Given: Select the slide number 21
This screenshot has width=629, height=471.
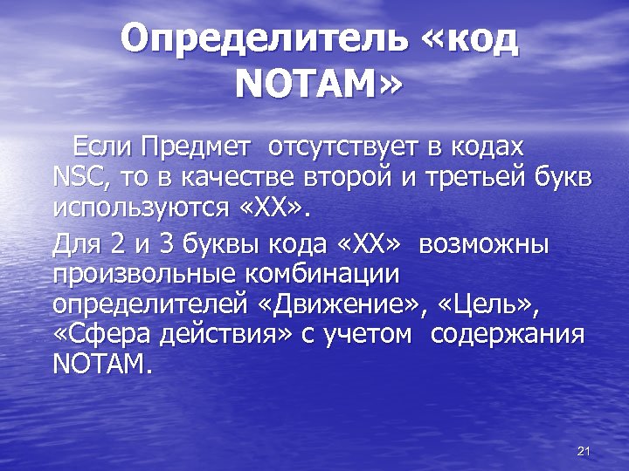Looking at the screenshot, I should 585,450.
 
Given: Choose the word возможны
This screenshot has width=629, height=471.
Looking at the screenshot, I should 484,243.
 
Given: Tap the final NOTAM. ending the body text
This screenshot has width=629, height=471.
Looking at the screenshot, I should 101,365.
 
